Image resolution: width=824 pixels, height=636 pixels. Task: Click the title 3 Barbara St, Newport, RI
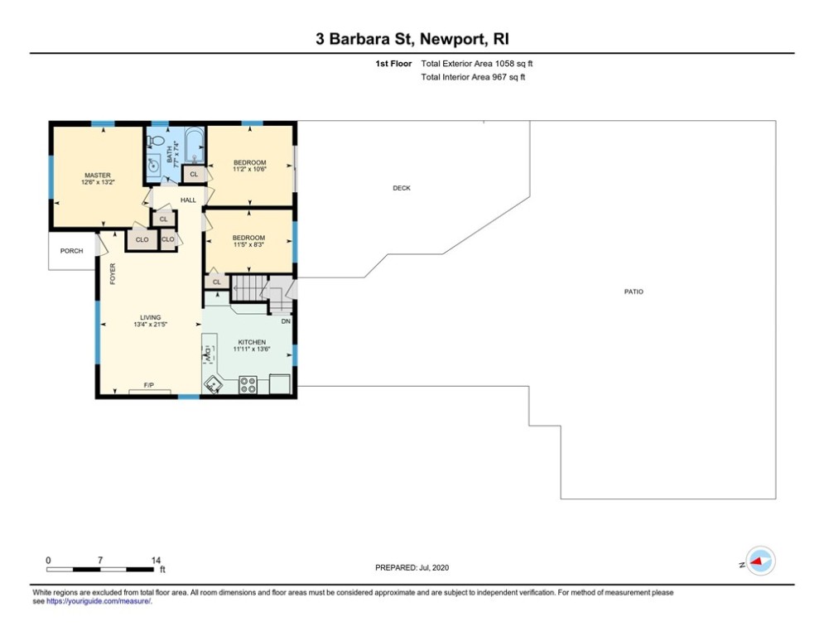pos(412,40)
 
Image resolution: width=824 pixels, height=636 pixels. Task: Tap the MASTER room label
pos(98,176)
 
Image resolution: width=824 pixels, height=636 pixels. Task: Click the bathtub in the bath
pos(194,146)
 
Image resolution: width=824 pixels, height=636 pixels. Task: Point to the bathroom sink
pos(154,165)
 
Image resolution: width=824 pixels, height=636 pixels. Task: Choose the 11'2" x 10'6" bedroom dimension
pos(249,170)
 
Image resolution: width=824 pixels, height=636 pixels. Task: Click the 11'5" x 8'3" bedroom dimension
pos(248,245)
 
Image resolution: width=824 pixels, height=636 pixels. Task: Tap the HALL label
pos(188,200)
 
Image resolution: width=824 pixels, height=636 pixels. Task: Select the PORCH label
pos(71,251)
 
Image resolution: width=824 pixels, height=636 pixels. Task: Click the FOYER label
pos(113,274)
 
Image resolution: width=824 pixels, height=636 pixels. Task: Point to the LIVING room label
pos(150,317)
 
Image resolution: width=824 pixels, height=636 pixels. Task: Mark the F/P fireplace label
pos(149,385)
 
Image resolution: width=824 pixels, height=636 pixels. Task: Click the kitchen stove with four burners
pos(248,385)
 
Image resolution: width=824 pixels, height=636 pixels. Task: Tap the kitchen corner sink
pos(214,385)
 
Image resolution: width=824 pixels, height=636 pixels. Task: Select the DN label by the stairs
pos(286,321)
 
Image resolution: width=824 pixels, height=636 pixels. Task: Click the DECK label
pos(402,188)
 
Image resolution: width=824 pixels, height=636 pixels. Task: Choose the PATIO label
pos(634,291)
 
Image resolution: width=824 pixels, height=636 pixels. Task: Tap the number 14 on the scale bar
pos(156,561)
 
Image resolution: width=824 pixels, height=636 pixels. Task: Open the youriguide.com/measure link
pos(99,601)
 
